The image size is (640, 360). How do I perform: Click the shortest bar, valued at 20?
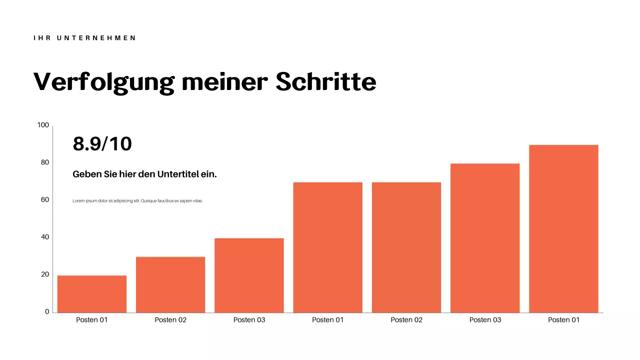92,294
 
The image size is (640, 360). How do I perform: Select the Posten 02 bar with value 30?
170,284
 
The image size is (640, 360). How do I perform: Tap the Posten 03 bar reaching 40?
249,275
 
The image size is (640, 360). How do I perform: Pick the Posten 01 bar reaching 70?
327,247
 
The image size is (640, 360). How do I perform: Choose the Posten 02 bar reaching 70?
406,247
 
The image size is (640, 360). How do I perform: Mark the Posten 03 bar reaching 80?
485,238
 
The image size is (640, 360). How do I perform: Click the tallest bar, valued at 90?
563,229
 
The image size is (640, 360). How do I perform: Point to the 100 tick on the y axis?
43,125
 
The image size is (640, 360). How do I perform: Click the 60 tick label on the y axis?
45,199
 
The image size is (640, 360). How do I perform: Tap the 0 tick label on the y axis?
47,311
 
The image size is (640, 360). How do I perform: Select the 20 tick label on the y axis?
45,274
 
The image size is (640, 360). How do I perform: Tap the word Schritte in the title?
326,81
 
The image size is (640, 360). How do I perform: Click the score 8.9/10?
102,144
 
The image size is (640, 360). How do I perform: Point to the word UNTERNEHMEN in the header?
97,38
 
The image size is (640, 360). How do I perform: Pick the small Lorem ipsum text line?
137,200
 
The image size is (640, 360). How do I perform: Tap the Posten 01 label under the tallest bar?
563,320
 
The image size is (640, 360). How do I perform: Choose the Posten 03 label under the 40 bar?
249,320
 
